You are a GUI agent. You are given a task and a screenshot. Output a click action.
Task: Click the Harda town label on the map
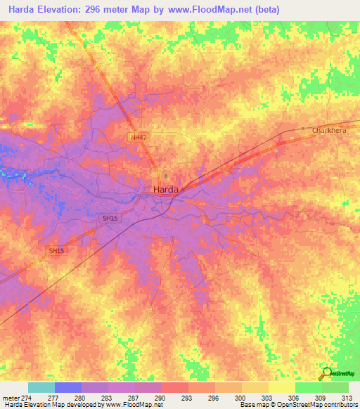[x=165, y=189]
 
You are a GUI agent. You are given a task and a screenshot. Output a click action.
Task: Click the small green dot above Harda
[x=166, y=176]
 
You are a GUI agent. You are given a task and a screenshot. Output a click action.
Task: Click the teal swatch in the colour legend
[x=41, y=387]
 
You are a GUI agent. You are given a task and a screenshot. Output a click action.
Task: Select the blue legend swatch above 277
[x=68, y=387]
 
